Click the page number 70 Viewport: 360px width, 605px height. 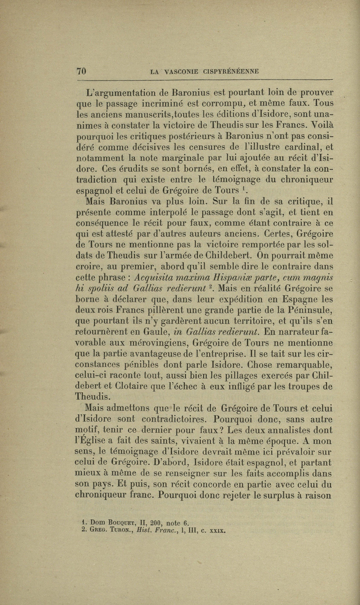tap(82, 71)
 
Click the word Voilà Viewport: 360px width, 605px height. tap(320, 125)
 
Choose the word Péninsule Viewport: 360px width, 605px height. tap(307, 310)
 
